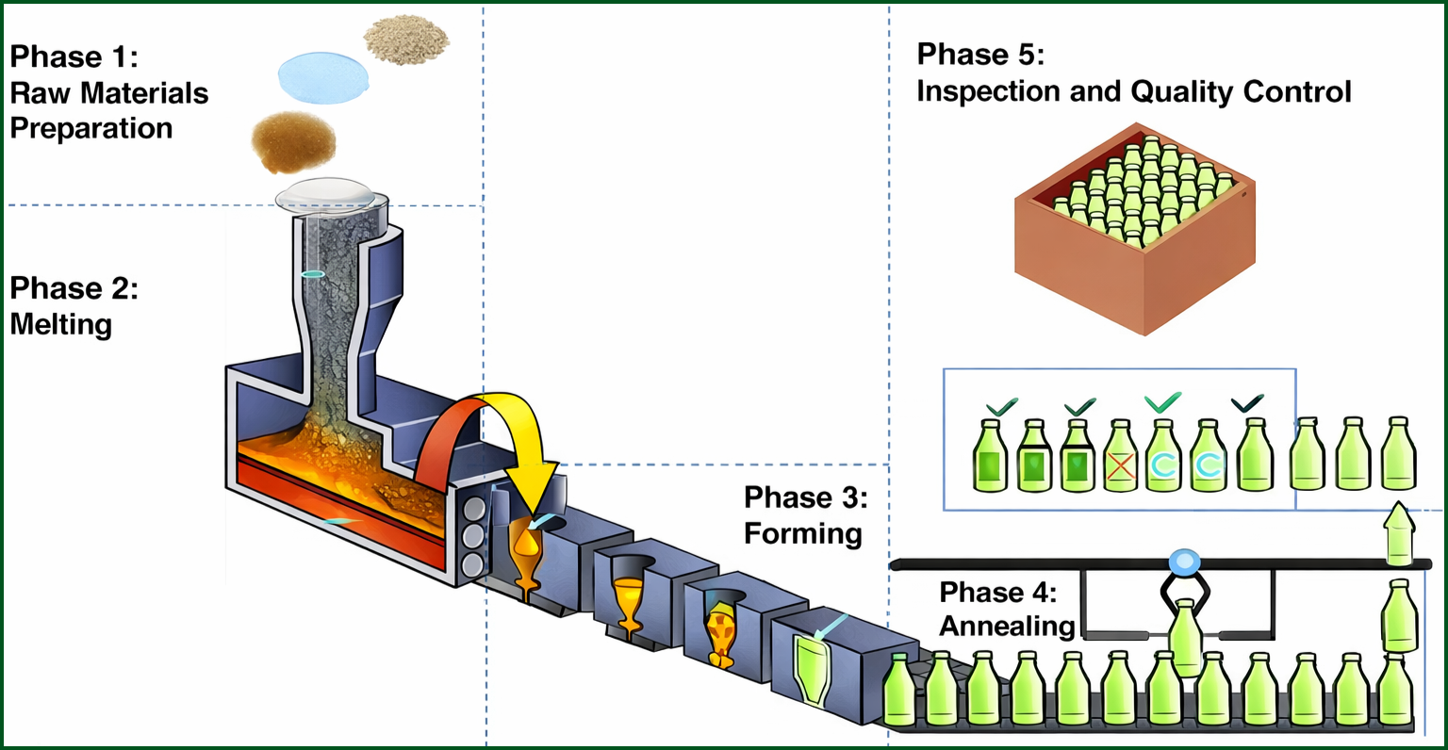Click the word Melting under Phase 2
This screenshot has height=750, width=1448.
click(x=61, y=324)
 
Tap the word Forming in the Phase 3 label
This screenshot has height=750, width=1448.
click(x=803, y=533)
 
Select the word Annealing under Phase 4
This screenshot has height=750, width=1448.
click(x=1007, y=626)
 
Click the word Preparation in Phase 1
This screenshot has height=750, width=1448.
click(x=91, y=128)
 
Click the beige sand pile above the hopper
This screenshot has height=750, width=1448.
click(x=406, y=40)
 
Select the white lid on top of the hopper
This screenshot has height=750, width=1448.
click(x=332, y=193)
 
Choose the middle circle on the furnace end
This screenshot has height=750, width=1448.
click(x=471, y=537)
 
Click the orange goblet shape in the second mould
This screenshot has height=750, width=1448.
click(x=627, y=603)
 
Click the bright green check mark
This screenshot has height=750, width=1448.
click(x=1162, y=402)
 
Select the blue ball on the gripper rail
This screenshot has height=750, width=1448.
click(x=1183, y=562)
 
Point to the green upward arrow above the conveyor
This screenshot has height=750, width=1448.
click(x=1399, y=532)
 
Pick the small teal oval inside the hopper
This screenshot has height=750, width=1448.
click(x=312, y=274)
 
